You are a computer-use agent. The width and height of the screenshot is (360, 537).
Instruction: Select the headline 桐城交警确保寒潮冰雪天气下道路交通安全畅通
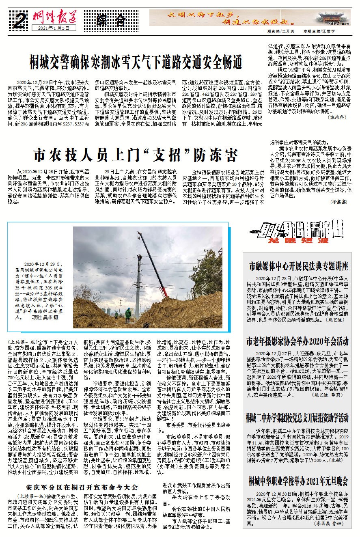click(136, 63)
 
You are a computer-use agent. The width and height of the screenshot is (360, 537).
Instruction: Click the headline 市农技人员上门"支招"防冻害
click(136, 155)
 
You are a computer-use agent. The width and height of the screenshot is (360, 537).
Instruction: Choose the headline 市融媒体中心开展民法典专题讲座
click(300, 267)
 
